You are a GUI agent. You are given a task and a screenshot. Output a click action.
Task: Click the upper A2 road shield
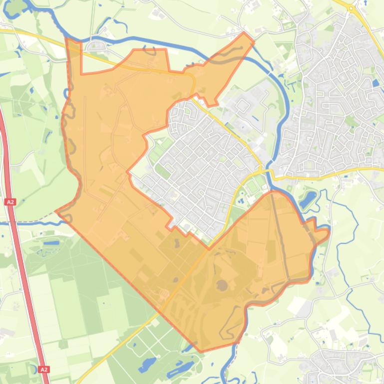pos(10,202)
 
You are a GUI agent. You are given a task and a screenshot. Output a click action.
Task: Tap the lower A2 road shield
pos(44,370)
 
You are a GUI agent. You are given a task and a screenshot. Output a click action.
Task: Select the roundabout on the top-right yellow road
pos(351,8)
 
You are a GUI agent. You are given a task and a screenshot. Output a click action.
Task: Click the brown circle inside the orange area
pos(221,285)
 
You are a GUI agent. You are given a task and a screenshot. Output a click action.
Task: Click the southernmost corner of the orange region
pos(201,352)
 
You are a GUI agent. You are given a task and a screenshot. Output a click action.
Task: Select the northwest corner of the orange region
pos(67,38)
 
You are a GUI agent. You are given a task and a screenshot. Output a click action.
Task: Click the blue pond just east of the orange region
pos(308,199)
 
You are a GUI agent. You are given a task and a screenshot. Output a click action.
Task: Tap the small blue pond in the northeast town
pos(375,83)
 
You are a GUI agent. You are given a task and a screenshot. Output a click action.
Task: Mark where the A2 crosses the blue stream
pos(11,222)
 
